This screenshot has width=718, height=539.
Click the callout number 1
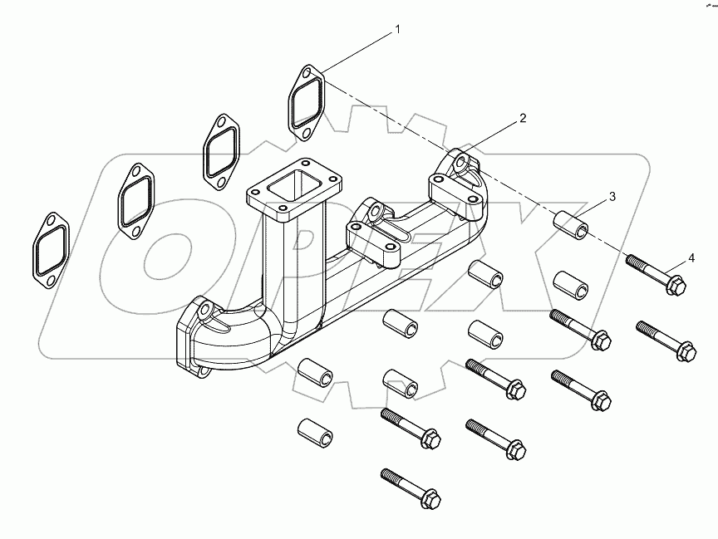(x=397, y=30)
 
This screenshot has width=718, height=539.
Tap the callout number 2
(x=523, y=119)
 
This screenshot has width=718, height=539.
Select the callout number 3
(x=612, y=197)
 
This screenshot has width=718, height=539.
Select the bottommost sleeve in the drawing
(x=313, y=431)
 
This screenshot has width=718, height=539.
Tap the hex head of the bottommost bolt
(x=430, y=498)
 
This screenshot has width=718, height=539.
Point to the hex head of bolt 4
(x=675, y=286)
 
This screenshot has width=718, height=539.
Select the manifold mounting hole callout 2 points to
(x=461, y=158)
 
